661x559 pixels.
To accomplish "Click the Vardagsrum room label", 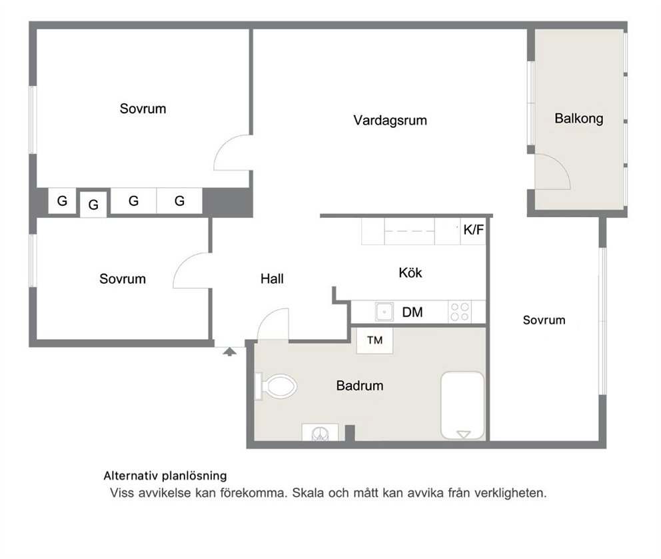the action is [x=390, y=121].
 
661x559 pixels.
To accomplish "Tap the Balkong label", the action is [x=579, y=119].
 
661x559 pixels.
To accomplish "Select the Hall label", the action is [x=272, y=279].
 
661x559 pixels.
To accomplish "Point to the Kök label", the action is [x=410, y=273].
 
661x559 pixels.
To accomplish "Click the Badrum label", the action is [x=360, y=386].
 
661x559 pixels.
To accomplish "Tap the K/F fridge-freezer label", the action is [x=473, y=230].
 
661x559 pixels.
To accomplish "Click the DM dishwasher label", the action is [x=412, y=312].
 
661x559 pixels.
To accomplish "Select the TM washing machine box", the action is [x=374, y=340].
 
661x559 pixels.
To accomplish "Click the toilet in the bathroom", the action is [x=276, y=386].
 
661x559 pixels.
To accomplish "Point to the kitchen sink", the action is [x=384, y=312].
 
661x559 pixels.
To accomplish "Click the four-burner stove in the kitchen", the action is [x=460, y=312].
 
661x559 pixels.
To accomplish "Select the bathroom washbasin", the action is [x=320, y=432].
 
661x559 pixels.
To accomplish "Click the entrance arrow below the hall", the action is [x=229, y=352].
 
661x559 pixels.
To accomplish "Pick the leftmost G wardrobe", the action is [x=62, y=201].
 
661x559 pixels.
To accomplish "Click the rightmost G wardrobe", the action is [x=180, y=201].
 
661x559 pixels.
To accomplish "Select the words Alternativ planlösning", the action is [x=165, y=476].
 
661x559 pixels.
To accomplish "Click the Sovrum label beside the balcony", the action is [x=544, y=320].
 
